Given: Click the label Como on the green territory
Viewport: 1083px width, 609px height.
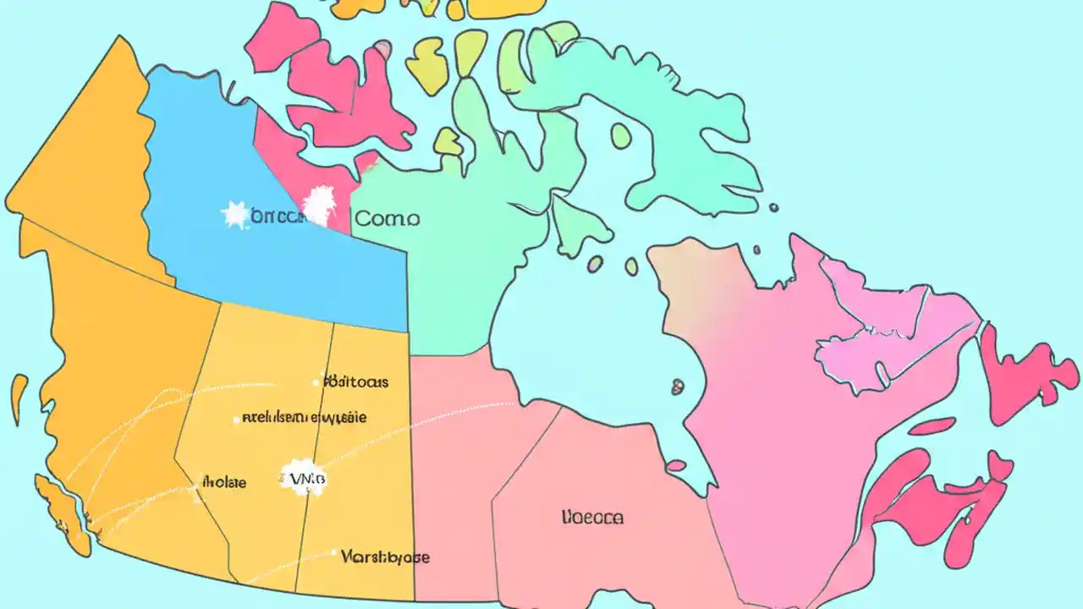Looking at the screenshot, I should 387,218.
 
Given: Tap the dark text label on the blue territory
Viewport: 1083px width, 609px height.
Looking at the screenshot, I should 277,217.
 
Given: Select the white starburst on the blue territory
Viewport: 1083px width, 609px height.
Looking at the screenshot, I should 235,215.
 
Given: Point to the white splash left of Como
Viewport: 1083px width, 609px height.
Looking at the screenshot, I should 320,205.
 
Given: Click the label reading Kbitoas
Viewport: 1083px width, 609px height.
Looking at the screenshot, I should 357,381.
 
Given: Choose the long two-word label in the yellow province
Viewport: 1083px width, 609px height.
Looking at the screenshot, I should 305,417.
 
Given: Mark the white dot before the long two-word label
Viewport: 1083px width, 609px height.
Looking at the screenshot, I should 235,418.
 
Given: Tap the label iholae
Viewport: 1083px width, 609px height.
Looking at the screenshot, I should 223,483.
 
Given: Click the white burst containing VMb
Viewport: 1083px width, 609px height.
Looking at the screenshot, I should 303,480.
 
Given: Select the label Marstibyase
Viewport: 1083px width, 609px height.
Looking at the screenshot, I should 385,557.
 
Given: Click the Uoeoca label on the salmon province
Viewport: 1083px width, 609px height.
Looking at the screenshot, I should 592,517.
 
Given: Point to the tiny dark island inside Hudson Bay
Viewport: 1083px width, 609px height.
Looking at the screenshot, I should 677,387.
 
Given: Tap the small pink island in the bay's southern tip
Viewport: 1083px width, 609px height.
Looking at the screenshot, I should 676,466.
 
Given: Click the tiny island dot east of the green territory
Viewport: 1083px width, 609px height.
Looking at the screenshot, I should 773,207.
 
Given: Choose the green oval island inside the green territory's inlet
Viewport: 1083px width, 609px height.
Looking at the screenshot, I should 622,135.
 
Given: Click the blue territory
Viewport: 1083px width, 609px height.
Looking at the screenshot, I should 279,262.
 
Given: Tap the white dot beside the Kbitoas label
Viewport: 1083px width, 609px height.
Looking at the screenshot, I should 317,382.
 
